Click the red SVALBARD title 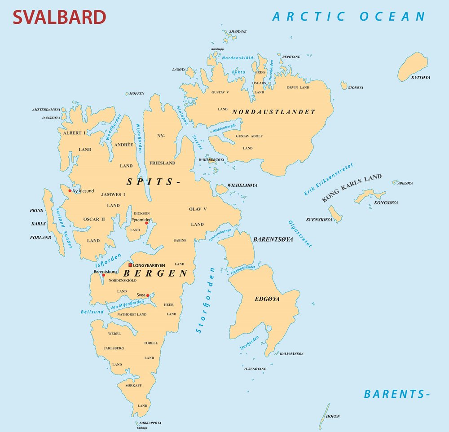click(59, 17)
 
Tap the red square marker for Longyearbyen click(131, 265)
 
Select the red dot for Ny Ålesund click(70, 191)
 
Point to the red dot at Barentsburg click(103, 275)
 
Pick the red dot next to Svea click(148, 295)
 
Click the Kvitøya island click(413, 66)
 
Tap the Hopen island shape click(323, 416)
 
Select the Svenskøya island click(335, 214)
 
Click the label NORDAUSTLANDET click(274, 112)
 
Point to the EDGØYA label click(267, 299)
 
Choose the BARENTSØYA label click(273, 239)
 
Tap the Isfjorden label click(108, 261)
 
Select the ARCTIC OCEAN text click(348, 17)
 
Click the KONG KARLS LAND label click(352, 188)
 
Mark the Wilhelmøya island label click(243, 185)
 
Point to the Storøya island click(344, 85)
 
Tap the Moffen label click(136, 93)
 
